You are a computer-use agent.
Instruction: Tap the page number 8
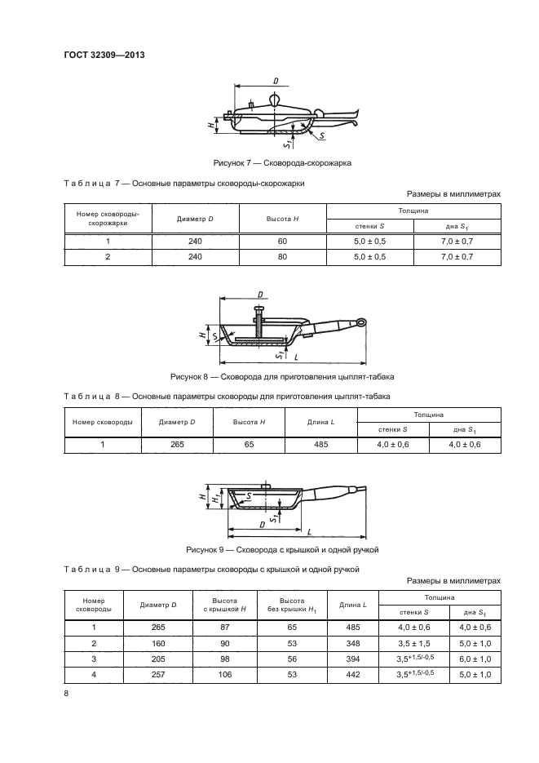[x=66, y=693]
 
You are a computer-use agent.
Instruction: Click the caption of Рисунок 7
[x=281, y=162]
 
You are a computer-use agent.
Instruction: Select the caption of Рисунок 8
[x=281, y=376]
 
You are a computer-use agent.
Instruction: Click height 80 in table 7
[x=283, y=256]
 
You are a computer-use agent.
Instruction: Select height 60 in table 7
[x=283, y=241]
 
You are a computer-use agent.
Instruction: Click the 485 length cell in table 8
[x=320, y=445]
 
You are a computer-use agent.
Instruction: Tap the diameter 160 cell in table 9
[x=158, y=642]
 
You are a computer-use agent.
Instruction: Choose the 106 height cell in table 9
[x=224, y=673]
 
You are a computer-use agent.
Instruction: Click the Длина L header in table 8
[x=320, y=422]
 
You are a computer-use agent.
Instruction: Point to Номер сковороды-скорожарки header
[x=103, y=218]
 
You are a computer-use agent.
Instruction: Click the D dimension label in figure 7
[x=276, y=81]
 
